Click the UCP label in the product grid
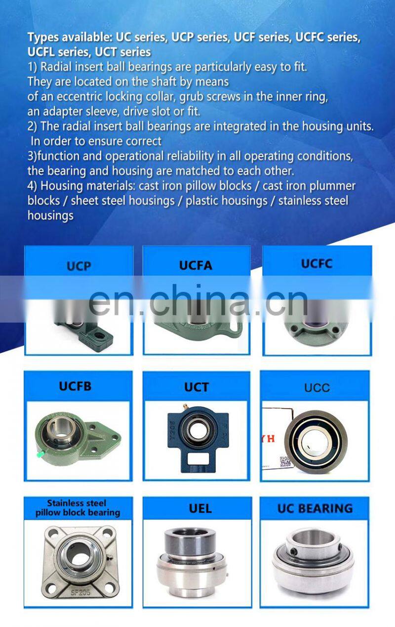point(79,266)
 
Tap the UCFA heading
point(196,265)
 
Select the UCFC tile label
point(316,263)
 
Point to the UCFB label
point(75,386)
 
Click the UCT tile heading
point(197,387)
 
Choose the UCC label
point(317,388)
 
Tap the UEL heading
point(200,508)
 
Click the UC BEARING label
point(315,508)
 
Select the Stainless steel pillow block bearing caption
point(78,508)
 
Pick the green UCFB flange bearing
point(78,439)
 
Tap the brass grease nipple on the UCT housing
point(185,407)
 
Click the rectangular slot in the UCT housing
point(198,458)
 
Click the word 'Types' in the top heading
point(43,38)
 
